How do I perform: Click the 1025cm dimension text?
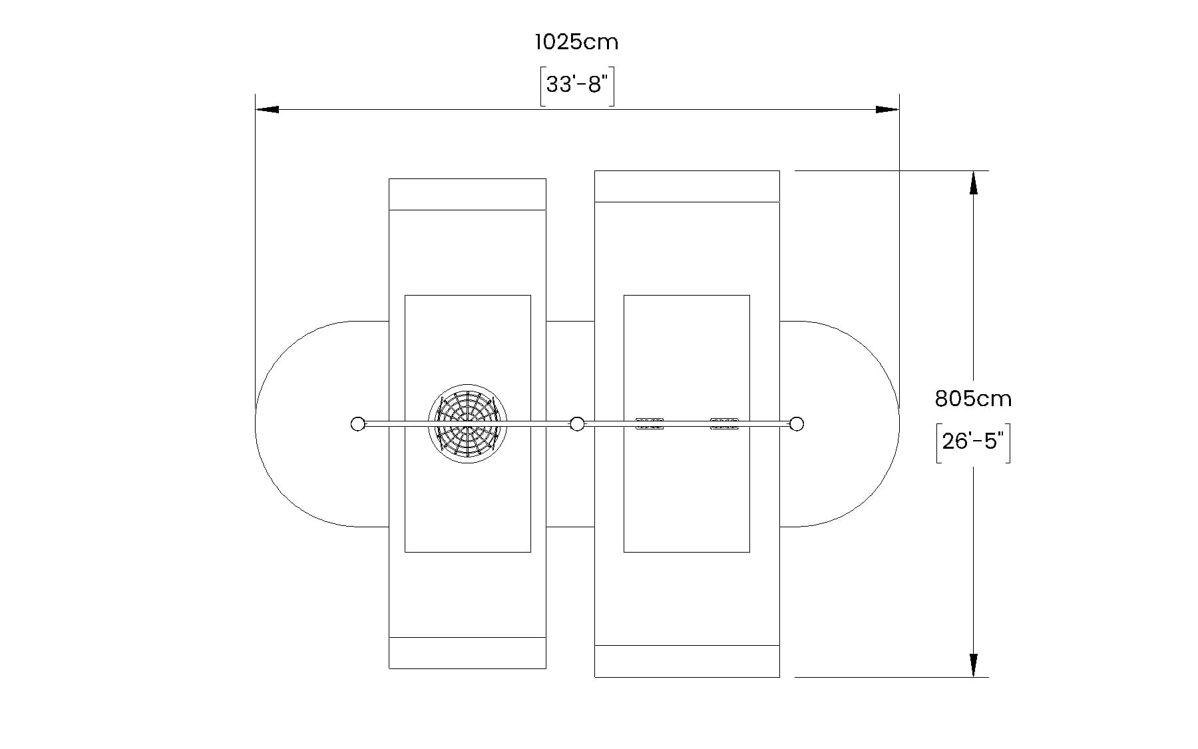(x=576, y=42)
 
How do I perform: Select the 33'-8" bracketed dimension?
(x=576, y=85)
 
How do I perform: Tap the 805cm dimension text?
(x=973, y=399)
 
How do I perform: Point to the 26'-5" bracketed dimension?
(x=973, y=441)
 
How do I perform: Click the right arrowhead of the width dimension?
(x=887, y=109)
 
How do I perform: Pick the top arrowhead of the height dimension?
(x=974, y=182)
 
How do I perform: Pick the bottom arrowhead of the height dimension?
(x=974, y=665)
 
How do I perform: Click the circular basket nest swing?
(x=467, y=423)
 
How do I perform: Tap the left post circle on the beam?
(x=357, y=423)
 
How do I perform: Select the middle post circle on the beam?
(x=577, y=423)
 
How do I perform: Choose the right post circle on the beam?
(x=797, y=423)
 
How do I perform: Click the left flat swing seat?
(x=650, y=423)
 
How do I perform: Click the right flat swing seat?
(x=724, y=423)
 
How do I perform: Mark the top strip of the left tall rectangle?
(x=467, y=194)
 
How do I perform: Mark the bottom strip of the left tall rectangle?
(x=467, y=653)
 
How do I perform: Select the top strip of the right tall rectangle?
(x=687, y=186)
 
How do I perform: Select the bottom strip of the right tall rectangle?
(x=687, y=661)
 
